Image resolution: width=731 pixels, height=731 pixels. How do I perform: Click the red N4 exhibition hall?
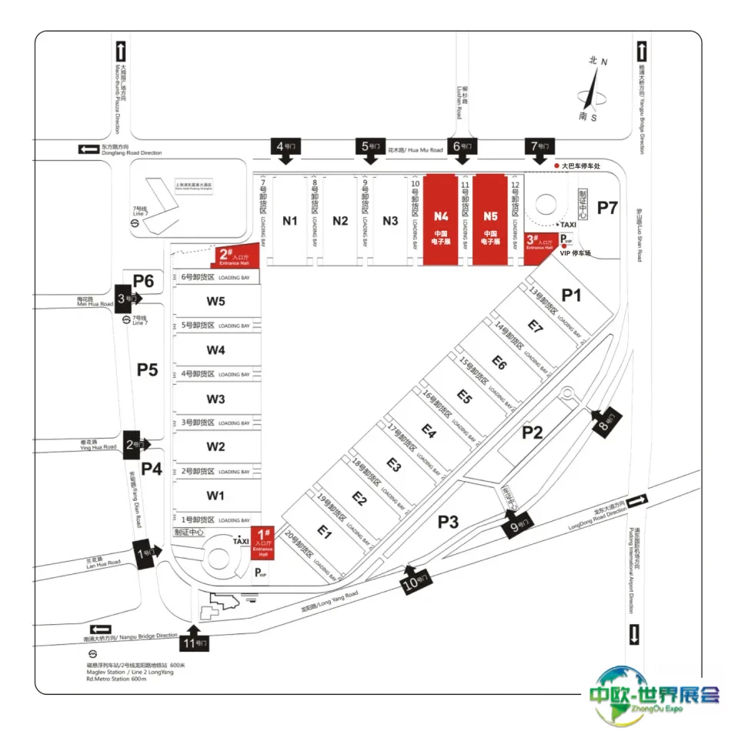click(x=441, y=219)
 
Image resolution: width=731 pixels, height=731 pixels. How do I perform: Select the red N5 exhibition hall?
click(x=492, y=219)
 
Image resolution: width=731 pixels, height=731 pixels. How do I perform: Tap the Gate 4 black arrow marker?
click(x=285, y=149)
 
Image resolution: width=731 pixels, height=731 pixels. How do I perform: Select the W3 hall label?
click(x=215, y=399)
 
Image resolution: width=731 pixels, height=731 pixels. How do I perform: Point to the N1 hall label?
click(x=289, y=221)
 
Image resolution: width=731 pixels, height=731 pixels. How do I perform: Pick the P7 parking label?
click(x=608, y=207)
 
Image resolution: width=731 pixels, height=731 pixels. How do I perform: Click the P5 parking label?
click(x=147, y=370)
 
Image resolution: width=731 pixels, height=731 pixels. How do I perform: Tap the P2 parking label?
click(x=532, y=432)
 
